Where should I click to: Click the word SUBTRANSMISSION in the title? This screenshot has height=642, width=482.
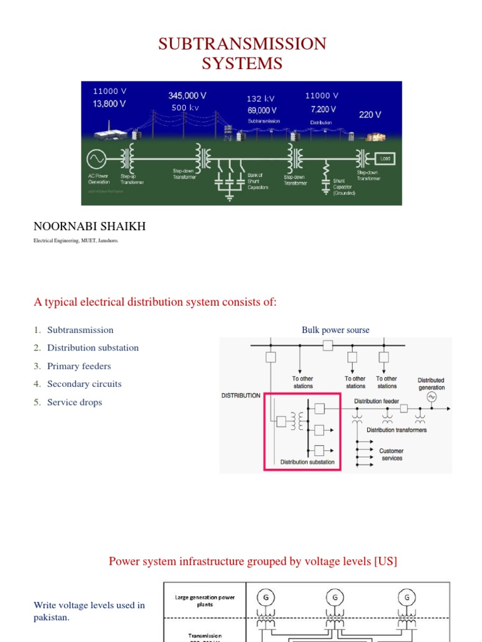coord(242,44)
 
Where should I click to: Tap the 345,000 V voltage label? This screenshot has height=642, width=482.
coord(187,96)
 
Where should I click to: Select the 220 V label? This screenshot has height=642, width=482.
coord(370,115)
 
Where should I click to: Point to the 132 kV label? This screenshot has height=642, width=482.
coord(260,98)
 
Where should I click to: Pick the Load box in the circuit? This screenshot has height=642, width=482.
coord(384,159)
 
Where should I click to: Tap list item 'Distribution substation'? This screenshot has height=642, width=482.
coord(93,348)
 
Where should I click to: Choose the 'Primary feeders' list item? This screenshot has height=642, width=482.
coord(79,366)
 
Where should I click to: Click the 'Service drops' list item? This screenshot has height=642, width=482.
coord(75,403)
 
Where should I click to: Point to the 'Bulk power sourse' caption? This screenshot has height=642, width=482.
coord(336,330)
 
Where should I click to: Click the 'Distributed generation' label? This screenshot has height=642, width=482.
coord(431,384)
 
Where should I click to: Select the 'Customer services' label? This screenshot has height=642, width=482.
coord(391,455)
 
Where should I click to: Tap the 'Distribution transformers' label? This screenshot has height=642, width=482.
coord(397,430)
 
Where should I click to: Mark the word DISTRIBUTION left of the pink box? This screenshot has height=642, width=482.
coord(241,396)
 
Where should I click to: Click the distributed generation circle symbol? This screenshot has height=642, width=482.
coord(431,397)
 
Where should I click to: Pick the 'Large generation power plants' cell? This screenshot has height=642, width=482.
coord(205,601)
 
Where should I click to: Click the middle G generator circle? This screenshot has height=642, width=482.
coord(335,598)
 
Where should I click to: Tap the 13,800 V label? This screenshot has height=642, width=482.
coord(109,104)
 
